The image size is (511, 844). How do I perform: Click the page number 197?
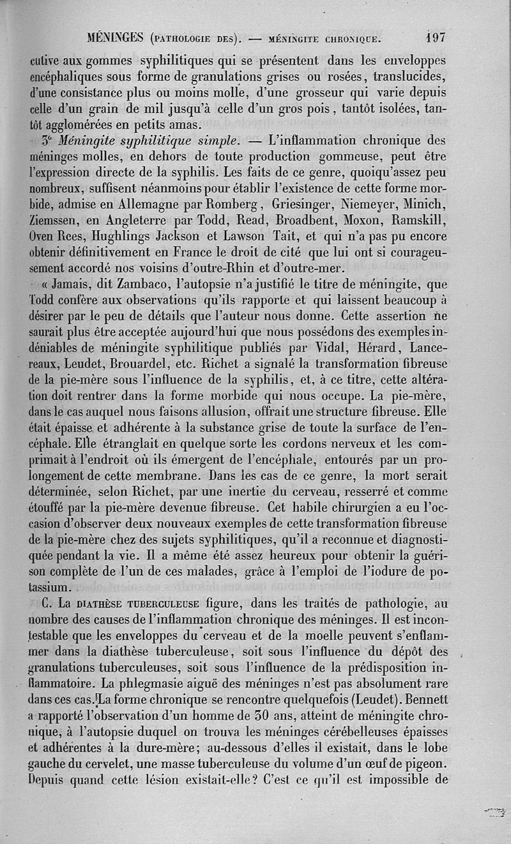[436, 38]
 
